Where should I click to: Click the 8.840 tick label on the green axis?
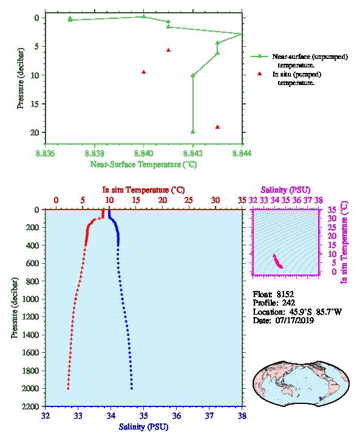click(144, 153)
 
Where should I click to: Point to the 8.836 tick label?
click(46, 153)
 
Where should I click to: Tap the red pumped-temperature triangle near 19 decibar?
click(217, 127)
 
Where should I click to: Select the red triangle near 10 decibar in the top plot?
click(144, 72)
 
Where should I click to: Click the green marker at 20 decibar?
click(193, 132)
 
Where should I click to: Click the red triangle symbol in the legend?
click(260, 73)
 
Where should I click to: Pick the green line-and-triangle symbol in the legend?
click(260, 56)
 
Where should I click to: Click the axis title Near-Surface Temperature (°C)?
click(144, 165)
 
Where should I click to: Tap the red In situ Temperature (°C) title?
click(144, 190)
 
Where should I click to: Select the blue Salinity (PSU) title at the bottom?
click(144, 427)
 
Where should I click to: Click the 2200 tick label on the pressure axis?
click(31, 406)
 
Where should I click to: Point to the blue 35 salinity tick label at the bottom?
click(144, 415)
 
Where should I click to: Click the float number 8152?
click(285, 295)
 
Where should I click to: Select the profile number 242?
click(288, 303)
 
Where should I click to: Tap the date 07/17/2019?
click(294, 321)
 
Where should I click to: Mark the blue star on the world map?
click(321, 398)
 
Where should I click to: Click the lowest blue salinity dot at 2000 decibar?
click(132, 388)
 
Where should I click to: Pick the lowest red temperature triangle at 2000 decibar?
click(68, 388)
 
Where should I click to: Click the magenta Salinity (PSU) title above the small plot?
click(286, 190)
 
